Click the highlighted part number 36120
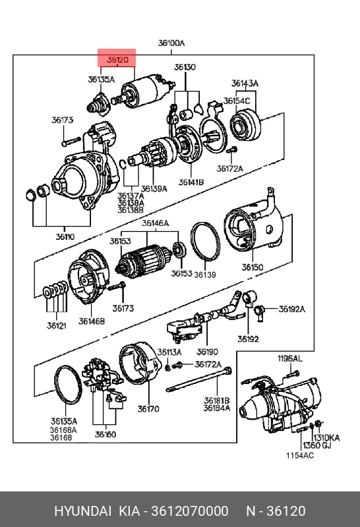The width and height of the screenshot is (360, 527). click(x=117, y=60)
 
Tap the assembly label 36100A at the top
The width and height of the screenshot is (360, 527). click(x=171, y=43)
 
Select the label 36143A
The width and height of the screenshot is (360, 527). click(x=245, y=83)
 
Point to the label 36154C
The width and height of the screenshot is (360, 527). click(x=237, y=101)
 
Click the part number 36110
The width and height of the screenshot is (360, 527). click(x=65, y=236)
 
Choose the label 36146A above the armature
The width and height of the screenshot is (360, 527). click(x=155, y=223)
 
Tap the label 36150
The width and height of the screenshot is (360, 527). click(x=253, y=267)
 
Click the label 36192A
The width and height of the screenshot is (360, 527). click(x=291, y=309)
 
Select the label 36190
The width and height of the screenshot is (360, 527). click(x=207, y=352)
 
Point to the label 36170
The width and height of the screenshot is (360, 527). click(x=148, y=408)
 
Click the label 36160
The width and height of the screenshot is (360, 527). click(x=105, y=434)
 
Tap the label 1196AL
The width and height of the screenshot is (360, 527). click(x=289, y=358)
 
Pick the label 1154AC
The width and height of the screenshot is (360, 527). click(x=300, y=455)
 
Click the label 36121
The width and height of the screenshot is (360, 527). click(x=57, y=325)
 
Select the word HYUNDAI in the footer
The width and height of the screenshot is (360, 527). click(x=83, y=511)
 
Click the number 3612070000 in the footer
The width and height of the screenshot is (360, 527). click(x=190, y=511)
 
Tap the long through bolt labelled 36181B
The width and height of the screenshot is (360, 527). click(x=199, y=380)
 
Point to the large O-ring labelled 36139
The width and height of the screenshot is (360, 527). click(x=205, y=241)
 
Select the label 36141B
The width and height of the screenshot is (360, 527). click(x=191, y=182)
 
